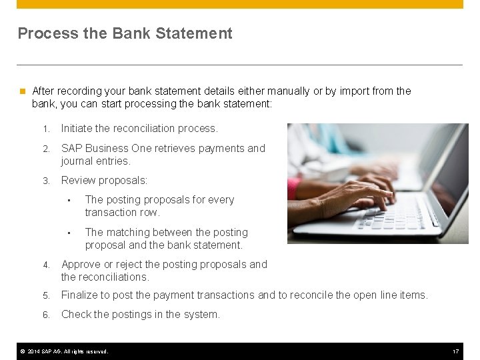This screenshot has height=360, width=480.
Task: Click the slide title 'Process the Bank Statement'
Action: click(x=125, y=33)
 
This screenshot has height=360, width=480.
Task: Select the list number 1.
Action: click(x=45, y=129)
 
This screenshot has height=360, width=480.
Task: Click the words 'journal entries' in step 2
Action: click(x=95, y=161)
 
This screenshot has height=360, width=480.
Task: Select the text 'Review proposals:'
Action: click(x=104, y=180)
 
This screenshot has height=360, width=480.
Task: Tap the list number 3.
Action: click(x=46, y=181)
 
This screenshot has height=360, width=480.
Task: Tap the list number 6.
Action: click(x=46, y=315)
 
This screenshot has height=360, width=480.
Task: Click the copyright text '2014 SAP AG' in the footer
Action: click(x=51, y=351)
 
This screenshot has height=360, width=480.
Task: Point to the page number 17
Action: click(x=456, y=351)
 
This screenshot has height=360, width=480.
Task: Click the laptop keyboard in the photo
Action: click(x=390, y=214)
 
